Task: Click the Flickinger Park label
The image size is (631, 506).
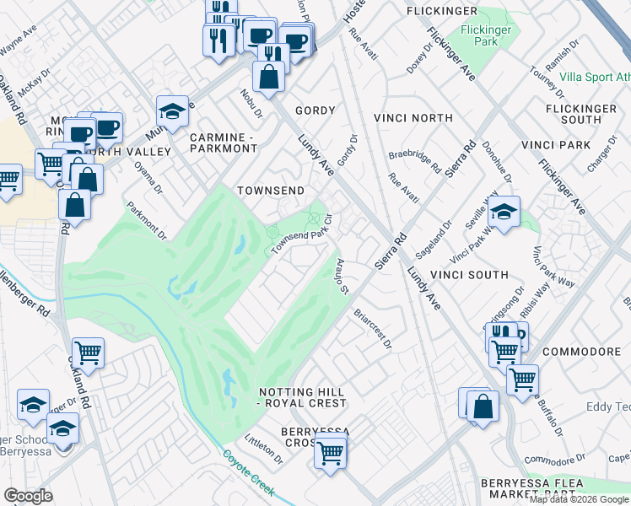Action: [x=481, y=35]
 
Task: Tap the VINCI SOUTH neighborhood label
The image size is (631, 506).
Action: [x=470, y=275]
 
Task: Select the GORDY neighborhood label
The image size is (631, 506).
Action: [x=315, y=110]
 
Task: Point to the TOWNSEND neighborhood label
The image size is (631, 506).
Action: [x=269, y=191]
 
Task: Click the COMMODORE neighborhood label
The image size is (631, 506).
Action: [x=581, y=351]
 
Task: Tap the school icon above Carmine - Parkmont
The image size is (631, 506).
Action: [x=172, y=112]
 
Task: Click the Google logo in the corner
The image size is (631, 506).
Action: [x=28, y=496]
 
